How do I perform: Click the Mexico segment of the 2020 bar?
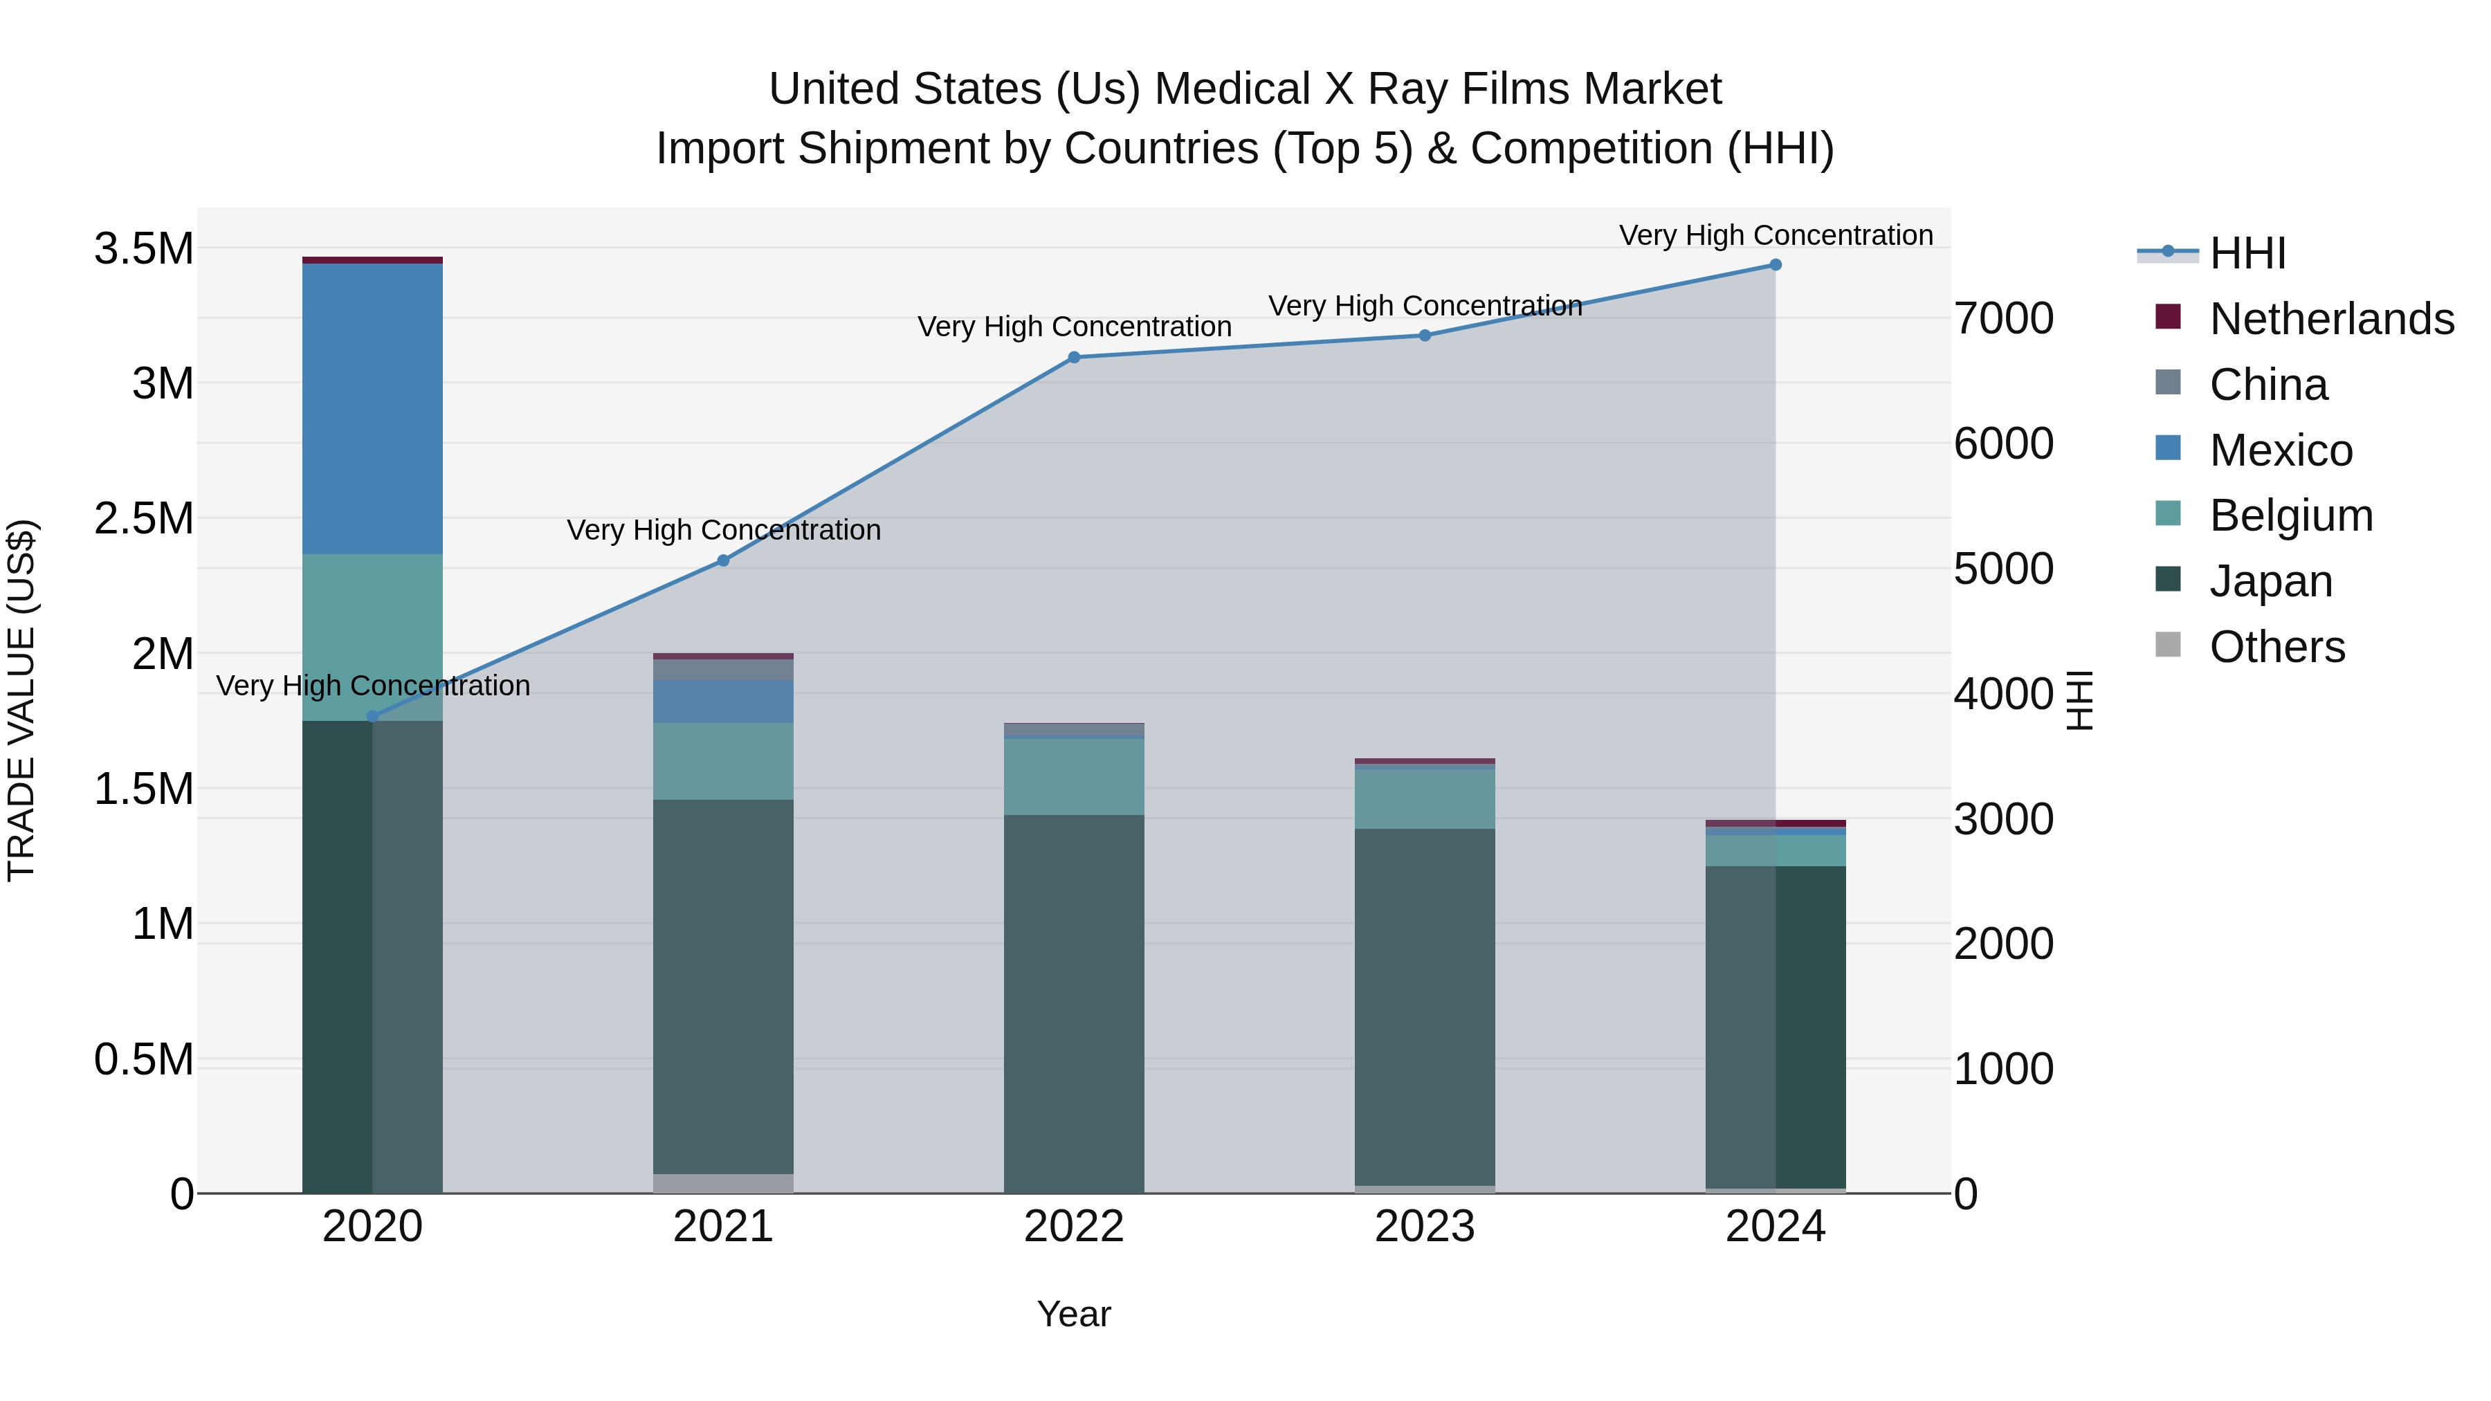point(372,408)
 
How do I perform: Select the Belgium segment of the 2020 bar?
point(372,637)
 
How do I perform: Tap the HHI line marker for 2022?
point(1073,357)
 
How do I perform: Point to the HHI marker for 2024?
point(1776,264)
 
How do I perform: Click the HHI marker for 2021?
point(722,560)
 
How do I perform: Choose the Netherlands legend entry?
point(2330,319)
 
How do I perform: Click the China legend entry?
point(2268,385)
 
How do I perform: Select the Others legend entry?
point(2276,647)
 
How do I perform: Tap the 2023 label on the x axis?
point(1425,1227)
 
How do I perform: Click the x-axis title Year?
point(1073,1314)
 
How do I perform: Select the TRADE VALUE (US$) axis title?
point(21,700)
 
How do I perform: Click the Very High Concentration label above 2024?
point(1776,235)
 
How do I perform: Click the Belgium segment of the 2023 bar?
point(1425,798)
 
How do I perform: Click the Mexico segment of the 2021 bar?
point(722,701)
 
